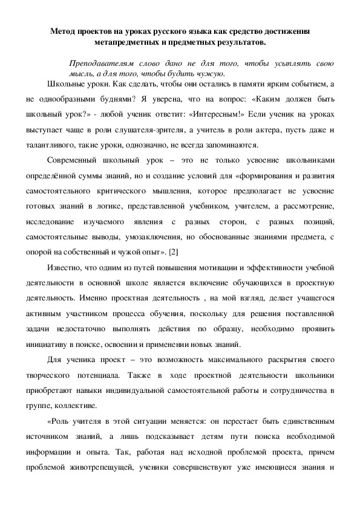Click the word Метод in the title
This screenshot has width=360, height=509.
63,30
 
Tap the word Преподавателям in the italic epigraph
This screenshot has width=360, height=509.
99,62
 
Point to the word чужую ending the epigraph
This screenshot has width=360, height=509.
211,74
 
